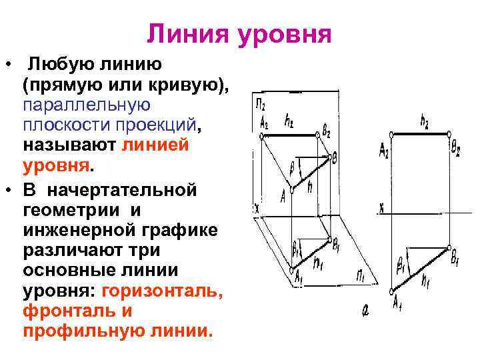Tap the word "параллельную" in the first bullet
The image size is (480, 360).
tap(87, 105)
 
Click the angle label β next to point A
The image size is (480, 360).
tap(291, 171)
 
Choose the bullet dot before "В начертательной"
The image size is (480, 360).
tap(9, 191)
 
